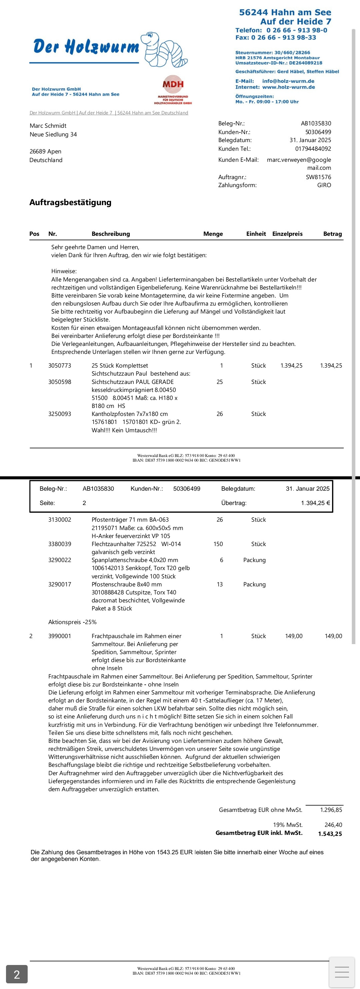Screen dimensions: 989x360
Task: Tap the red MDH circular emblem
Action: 173,84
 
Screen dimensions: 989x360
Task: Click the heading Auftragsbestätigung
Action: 70,202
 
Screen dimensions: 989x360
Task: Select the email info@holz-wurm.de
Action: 288,81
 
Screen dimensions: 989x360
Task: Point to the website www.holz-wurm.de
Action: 288,87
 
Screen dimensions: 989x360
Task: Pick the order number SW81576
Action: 318,177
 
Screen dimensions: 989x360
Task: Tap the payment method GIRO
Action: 324,185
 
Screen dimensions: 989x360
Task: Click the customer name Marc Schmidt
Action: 48,125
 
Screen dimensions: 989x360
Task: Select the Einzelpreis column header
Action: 287,234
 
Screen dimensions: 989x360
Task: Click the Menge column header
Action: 213,234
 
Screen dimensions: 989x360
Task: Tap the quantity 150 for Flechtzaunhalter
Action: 218,544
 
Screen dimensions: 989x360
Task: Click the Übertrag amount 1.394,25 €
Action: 315,503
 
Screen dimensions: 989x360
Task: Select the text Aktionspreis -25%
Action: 72,622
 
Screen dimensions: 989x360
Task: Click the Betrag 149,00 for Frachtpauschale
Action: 333,636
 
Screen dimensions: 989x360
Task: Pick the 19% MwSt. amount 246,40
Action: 333,825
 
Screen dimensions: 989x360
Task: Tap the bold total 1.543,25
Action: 330,834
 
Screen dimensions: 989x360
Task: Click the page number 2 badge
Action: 17,974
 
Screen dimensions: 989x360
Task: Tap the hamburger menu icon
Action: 342,972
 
